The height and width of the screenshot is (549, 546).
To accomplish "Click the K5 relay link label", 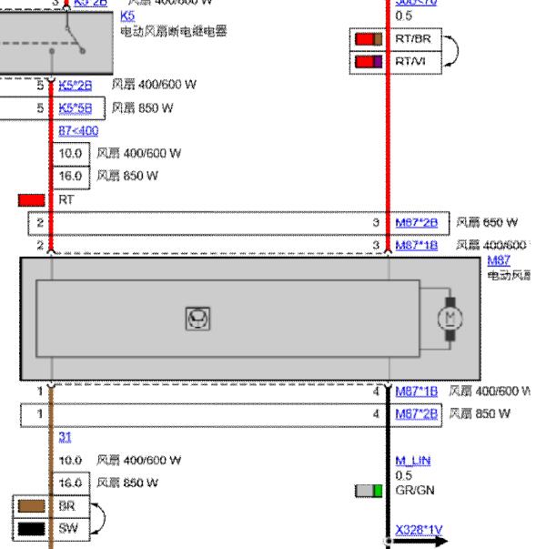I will click(x=126, y=16).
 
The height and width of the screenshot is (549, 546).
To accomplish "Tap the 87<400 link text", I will click(x=77, y=130).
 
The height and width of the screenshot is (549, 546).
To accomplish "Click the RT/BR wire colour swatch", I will click(x=368, y=39).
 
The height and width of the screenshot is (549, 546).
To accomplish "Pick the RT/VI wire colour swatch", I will click(x=368, y=61).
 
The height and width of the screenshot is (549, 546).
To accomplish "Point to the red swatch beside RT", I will click(x=32, y=199).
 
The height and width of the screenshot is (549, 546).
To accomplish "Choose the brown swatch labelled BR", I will click(x=32, y=504).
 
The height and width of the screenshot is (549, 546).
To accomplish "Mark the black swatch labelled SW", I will click(x=32, y=527).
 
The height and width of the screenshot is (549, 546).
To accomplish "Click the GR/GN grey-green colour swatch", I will click(x=368, y=491).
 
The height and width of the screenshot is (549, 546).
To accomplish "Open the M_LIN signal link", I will click(x=412, y=461).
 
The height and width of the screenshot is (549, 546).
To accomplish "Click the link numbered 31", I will click(x=65, y=438).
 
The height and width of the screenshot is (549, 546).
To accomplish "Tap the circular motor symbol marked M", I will click(x=450, y=318).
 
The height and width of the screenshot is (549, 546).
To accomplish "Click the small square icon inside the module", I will click(x=194, y=319).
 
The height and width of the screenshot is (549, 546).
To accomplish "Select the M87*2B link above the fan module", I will click(x=417, y=222).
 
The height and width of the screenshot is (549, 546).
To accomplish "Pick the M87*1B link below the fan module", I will click(x=417, y=391).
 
